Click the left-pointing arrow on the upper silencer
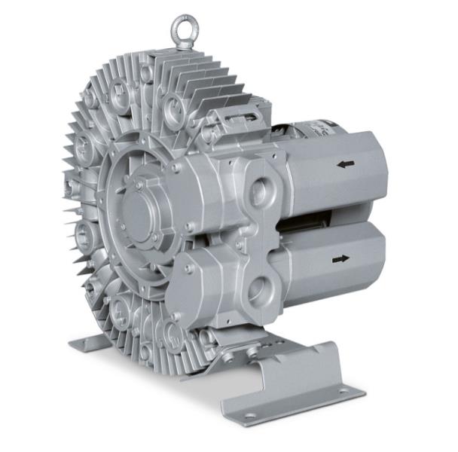tap(346, 163)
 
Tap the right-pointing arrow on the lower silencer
tap(340, 258)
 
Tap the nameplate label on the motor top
tap(309, 126)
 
